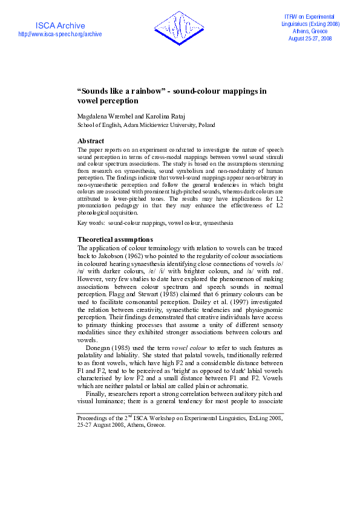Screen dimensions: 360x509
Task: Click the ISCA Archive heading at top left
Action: pos(60,25)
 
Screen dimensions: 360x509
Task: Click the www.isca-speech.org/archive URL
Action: pos(60,34)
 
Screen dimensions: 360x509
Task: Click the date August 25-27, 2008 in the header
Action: pos(310,38)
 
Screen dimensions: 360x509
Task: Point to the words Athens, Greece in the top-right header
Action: pos(310,31)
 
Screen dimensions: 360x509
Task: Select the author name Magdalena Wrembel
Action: pos(104,115)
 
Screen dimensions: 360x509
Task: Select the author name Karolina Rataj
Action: pos(162,115)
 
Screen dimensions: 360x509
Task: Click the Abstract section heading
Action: pos(91,141)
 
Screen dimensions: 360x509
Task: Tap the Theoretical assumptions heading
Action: pos(115,240)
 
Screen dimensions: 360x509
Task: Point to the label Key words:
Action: pos(91,223)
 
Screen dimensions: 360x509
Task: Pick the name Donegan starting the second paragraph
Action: pos(101,348)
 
